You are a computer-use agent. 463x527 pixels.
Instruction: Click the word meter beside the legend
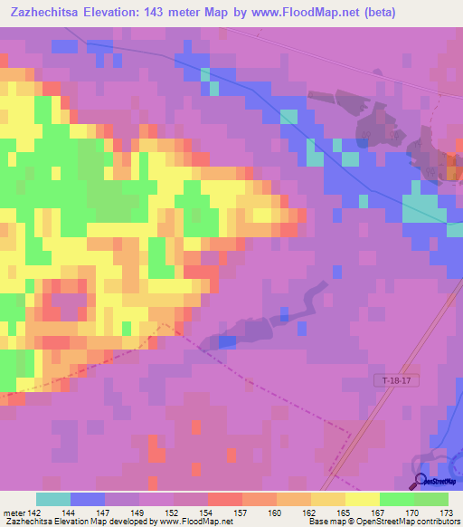click(x=14, y=513)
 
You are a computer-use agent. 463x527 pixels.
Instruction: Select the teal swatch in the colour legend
click(x=53, y=499)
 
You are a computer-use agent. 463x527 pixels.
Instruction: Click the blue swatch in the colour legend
click(x=88, y=499)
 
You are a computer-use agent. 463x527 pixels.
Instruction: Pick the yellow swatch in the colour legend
click(x=363, y=499)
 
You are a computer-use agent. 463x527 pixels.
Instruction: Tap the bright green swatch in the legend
click(x=397, y=499)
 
